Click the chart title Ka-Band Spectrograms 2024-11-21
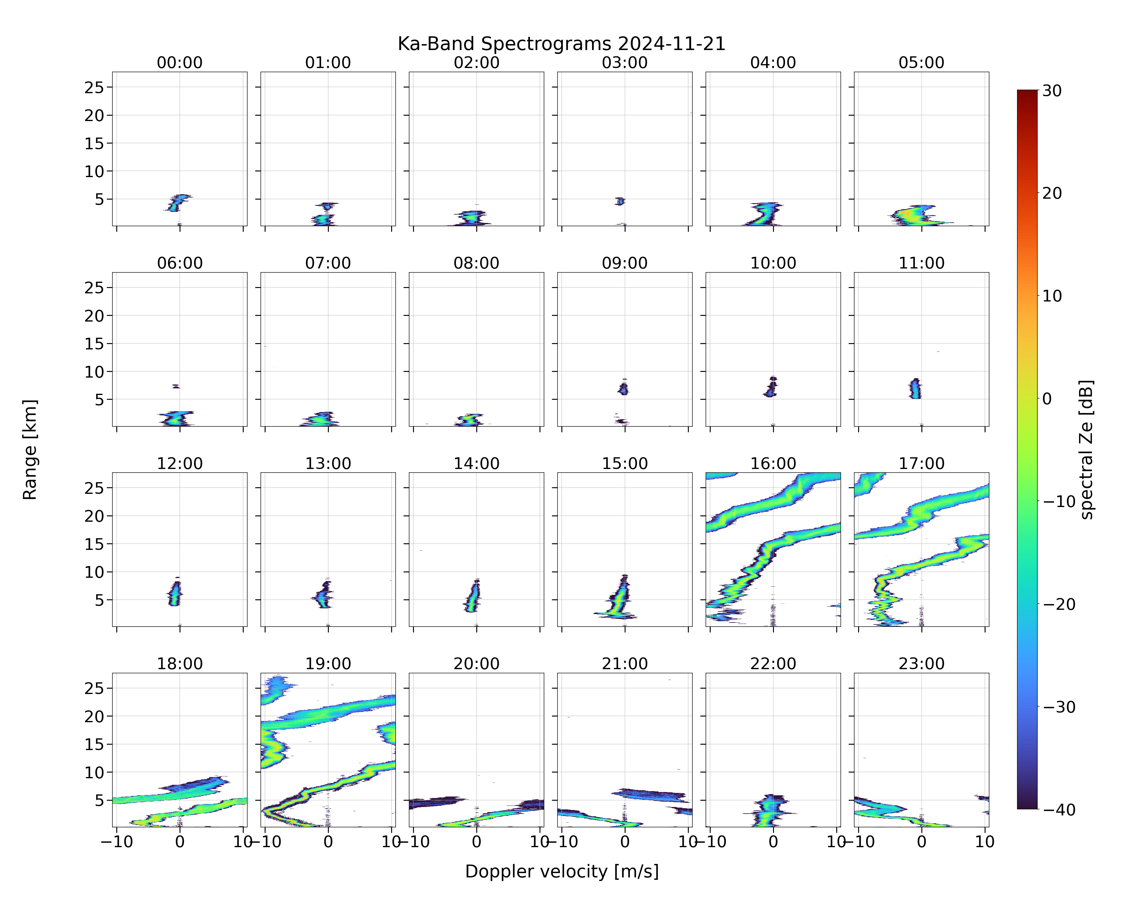tap(561, 44)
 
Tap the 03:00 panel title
tap(625, 63)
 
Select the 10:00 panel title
tap(773, 263)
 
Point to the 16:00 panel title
tap(773, 463)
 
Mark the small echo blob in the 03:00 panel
tap(619, 201)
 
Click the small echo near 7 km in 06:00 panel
tap(176, 386)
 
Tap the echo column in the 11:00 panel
tap(915, 388)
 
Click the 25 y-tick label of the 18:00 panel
tap(94, 688)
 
